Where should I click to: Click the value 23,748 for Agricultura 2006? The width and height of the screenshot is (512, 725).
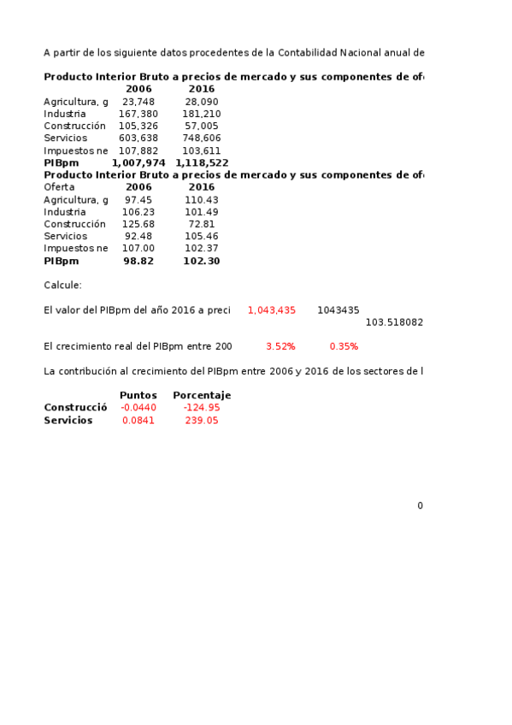(x=138, y=102)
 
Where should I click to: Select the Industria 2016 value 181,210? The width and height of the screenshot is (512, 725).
(x=202, y=114)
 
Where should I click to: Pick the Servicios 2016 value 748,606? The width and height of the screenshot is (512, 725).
(x=202, y=139)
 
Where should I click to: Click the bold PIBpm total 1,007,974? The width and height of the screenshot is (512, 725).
(x=138, y=162)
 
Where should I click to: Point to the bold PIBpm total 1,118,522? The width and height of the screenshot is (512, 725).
(x=202, y=162)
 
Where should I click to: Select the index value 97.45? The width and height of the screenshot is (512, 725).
(x=138, y=200)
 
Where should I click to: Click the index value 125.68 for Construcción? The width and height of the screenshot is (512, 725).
(x=138, y=224)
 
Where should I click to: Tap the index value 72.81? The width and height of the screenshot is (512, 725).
(x=202, y=224)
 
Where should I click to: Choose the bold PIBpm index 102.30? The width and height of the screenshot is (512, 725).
(x=202, y=262)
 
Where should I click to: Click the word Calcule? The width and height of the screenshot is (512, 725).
(x=62, y=286)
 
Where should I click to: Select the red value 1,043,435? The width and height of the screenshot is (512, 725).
(x=271, y=310)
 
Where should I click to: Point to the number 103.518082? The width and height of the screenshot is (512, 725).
(x=394, y=322)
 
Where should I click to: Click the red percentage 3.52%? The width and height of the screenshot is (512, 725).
(x=280, y=347)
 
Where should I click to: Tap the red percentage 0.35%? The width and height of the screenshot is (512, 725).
(x=344, y=347)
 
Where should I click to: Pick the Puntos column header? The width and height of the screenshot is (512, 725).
(x=138, y=396)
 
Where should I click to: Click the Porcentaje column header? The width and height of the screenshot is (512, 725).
(x=202, y=396)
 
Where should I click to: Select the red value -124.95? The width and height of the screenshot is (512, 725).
(x=202, y=408)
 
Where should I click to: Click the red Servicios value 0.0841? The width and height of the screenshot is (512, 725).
(x=138, y=421)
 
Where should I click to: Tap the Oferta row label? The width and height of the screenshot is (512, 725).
(x=59, y=187)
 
